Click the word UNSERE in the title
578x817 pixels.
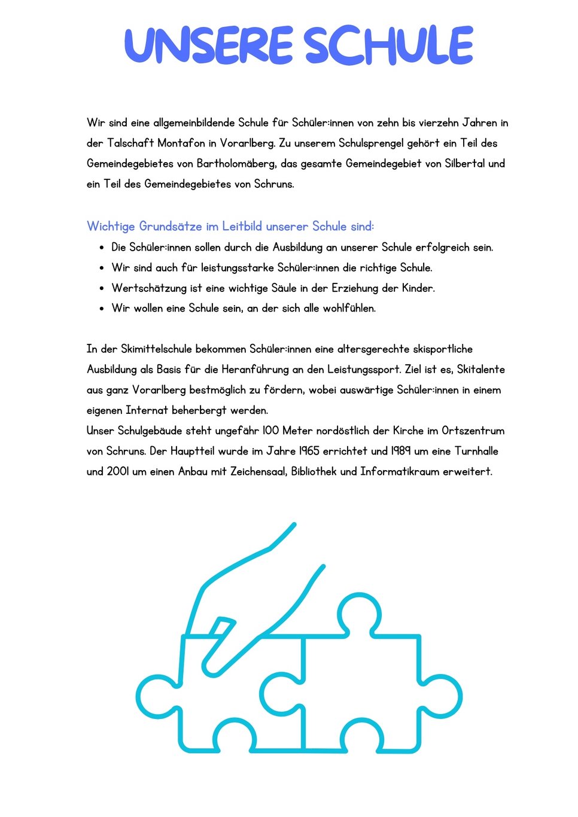pos(209,45)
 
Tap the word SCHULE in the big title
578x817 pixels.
pos(388,45)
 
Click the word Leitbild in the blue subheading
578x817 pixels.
pos(242,226)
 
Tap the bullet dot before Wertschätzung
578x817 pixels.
pos(102,288)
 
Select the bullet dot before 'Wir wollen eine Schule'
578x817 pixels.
pos(102,309)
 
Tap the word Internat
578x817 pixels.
pos(147,410)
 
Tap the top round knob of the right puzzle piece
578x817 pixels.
pos(359,614)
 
